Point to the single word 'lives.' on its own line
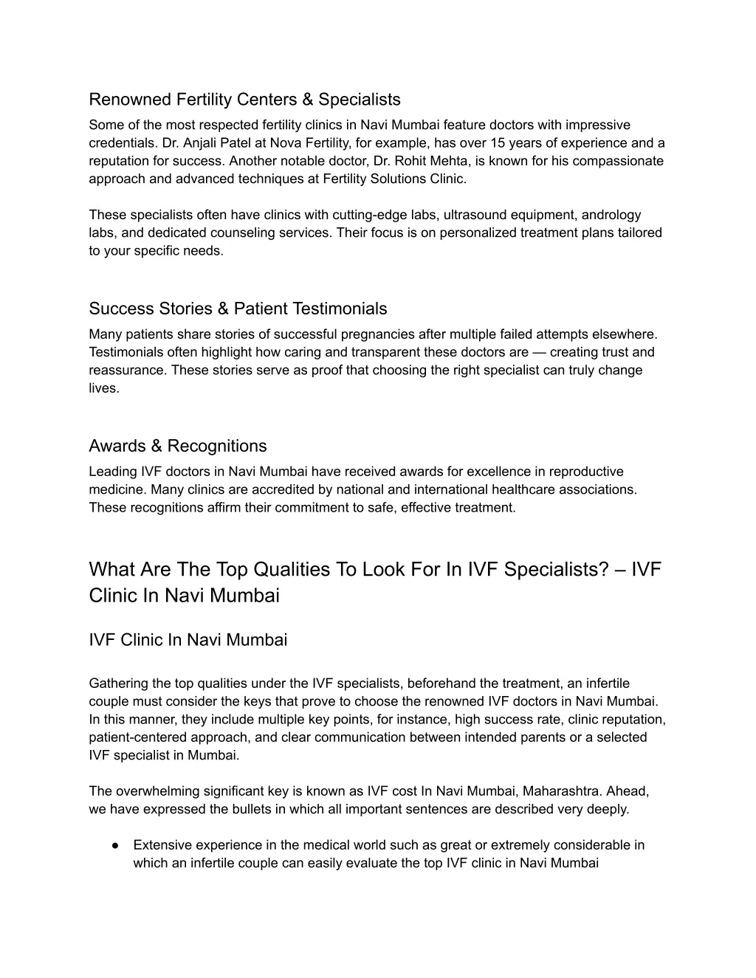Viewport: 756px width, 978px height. [x=104, y=388]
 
